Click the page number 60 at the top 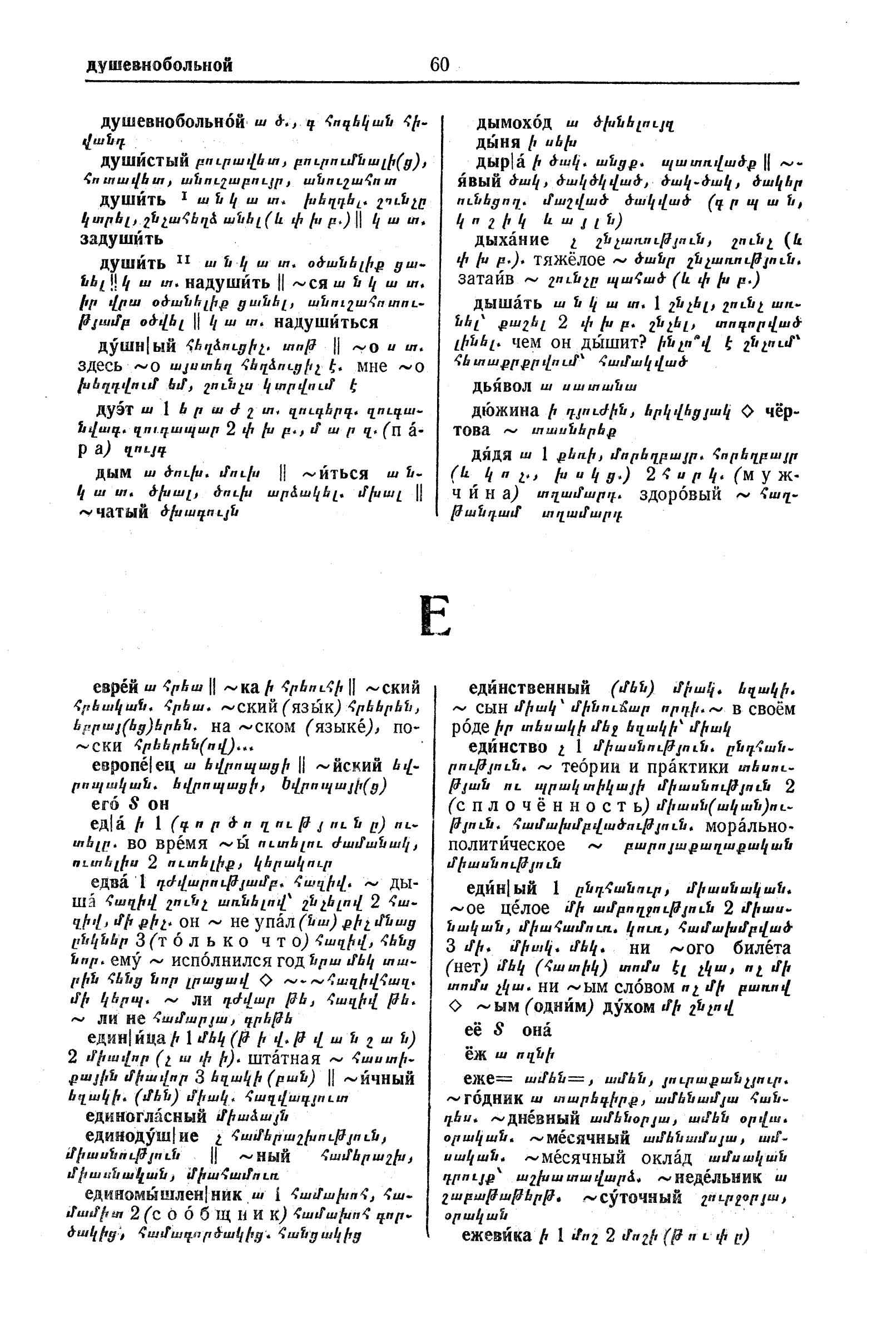439,65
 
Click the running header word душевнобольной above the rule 159,66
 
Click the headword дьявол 505,386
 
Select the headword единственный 529,688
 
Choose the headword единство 508,747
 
